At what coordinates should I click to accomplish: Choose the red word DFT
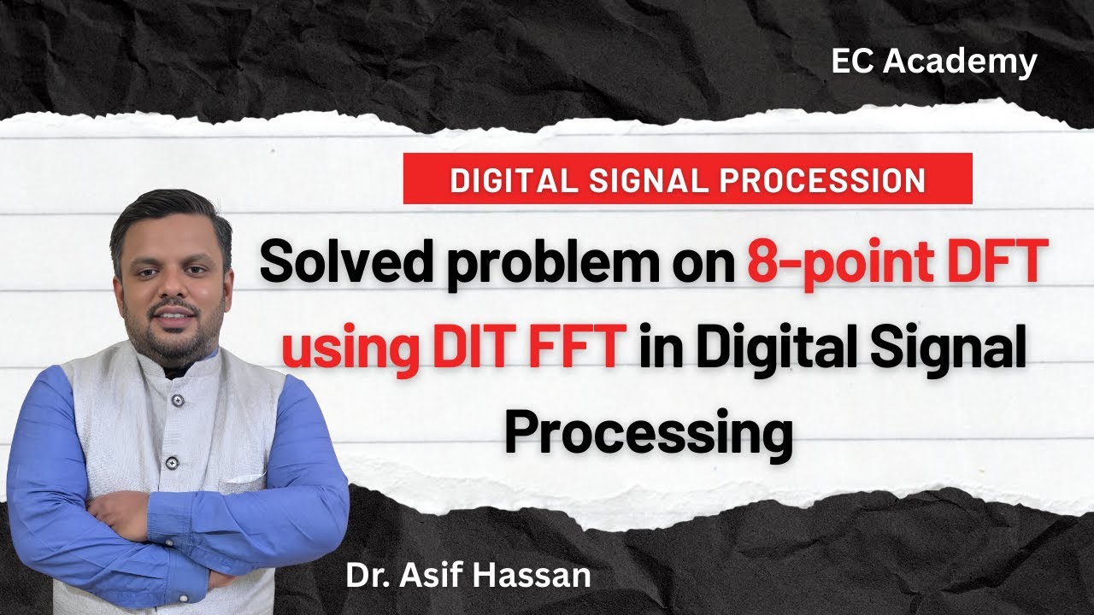pos(991,263)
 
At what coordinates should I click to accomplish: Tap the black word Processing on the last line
pos(647,434)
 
